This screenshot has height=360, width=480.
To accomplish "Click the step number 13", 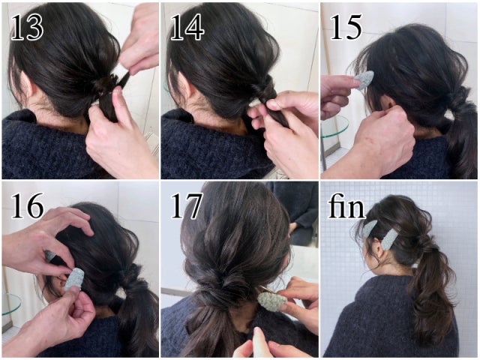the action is point(27,27).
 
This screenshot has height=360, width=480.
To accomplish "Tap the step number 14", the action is point(187,27).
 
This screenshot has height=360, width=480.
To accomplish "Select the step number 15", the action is point(346,27).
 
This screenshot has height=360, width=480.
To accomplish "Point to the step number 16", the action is point(27,205).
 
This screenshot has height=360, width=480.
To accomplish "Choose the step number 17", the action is point(186,205).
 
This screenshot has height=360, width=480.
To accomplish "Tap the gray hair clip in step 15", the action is point(364,79).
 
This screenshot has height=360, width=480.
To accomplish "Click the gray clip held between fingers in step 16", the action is point(74,279).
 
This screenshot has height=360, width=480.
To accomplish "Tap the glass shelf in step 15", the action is point(334,127).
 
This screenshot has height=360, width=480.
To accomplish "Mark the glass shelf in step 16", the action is point(11,304).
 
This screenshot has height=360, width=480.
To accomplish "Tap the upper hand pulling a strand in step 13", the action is point(139,40).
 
